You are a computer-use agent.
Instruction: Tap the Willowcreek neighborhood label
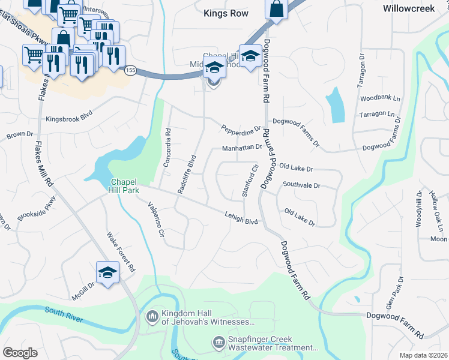point(409,9)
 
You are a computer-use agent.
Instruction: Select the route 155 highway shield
point(130,71)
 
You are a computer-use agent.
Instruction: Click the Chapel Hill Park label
point(124,186)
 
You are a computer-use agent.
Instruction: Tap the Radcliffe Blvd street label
point(187,174)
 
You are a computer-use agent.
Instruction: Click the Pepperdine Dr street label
point(241,129)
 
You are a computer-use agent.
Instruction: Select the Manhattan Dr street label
point(242,147)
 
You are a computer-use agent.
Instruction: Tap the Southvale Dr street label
point(301,185)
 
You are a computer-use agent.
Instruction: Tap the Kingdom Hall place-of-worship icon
point(152,315)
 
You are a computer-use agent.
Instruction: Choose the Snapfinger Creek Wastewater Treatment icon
point(219,343)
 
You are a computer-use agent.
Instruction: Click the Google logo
point(20,352)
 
